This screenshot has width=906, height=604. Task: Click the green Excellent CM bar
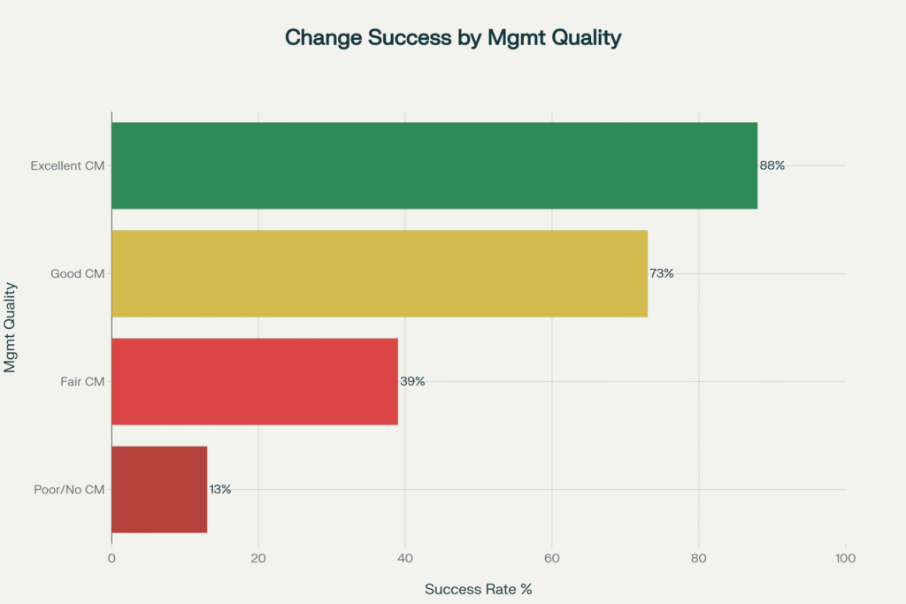click(x=434, y=165)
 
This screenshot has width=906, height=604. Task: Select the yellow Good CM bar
click(x=379, y=273)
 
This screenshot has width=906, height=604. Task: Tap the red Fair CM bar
click(x=254, y=381)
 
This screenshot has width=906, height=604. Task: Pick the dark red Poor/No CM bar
click(x=159, y=489)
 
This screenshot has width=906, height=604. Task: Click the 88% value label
click(x=772, y=165)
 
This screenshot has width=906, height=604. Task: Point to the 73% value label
click(x=662, y=273)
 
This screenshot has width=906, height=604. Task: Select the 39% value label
click(x=412, y=381)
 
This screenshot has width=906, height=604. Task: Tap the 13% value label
click(x=220, y=489)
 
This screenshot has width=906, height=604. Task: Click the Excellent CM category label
click(x=67, y=165)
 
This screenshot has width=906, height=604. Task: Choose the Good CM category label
click(x=78, y=273)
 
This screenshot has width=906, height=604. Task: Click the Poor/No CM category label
click(x=70, y=489)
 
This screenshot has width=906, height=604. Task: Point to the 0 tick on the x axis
click(x=111, y=558)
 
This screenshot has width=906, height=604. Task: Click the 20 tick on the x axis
click(x=258, y=558)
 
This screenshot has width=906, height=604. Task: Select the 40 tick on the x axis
click(x=405, y=558)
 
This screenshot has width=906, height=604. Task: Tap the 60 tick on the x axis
click(x=552, y=558)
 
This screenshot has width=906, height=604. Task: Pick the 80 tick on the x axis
click(x=699, y=558)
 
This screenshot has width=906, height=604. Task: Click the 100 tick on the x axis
click(x=845, y=558)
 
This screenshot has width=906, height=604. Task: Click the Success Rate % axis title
click(x=478, y=589)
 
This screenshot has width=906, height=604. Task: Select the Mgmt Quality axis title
click(x=11, y=327)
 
